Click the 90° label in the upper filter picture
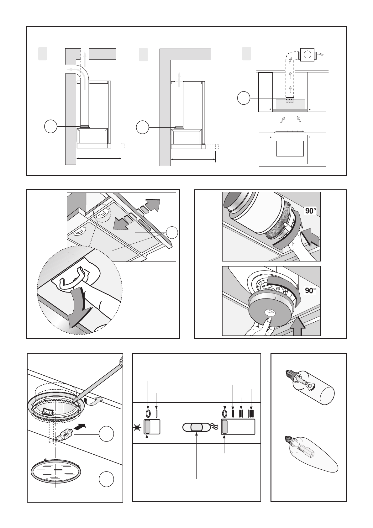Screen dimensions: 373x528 pyautogui.click(x=310, y=211)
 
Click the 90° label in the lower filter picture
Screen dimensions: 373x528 pyautogui.click(x=310, y=291)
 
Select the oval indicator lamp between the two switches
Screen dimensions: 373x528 pyautogui.click(x=196, y=427)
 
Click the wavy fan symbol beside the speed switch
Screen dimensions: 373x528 pyautogui.click(x=215, y=427)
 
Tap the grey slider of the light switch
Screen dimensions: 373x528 pyautogui.click(x=148, y=427)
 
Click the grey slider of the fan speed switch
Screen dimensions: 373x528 pyautogui.click(x=225, y=427)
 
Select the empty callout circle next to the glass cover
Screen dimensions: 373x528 pyautogui.click(x=106, y=480)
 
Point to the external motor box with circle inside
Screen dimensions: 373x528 pyautogui.click(x=308, y=55)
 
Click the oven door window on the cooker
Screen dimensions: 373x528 pyautogui.click(x=290, y=148)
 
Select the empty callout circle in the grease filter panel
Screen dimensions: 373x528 pyautogui.click(x=172, y=233)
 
